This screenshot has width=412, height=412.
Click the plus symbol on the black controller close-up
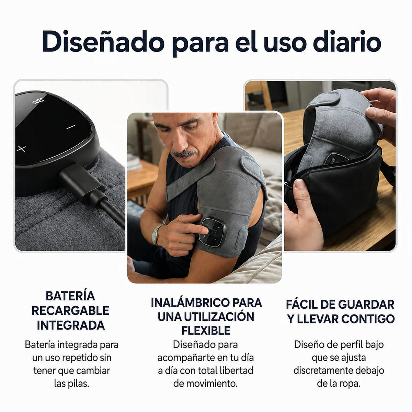[21, 148]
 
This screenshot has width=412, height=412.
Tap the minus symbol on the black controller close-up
[71, 127]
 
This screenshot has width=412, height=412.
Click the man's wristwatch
[157, 234]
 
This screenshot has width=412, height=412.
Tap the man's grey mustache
[184, 154]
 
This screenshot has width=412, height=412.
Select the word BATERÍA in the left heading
[70, 296]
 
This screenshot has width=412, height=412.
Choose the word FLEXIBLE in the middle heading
[206, 331]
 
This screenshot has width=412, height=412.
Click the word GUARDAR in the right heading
[366, 305]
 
